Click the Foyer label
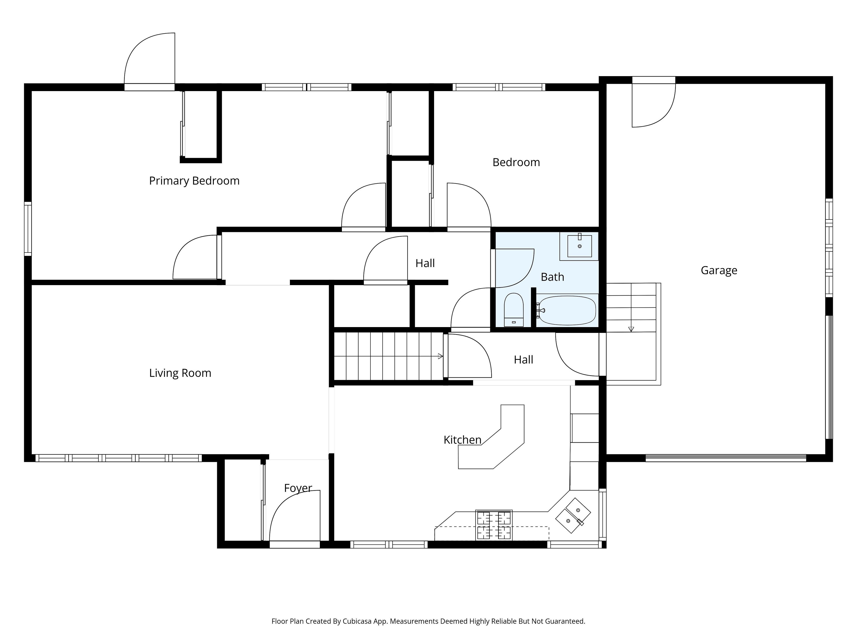298,488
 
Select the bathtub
566,310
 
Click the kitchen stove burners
494,525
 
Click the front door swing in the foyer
295,516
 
